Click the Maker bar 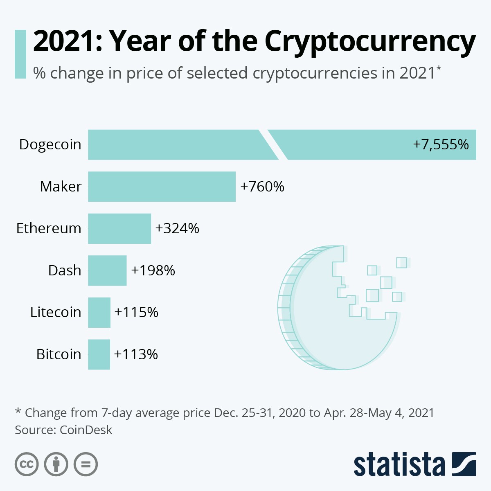point(162,187)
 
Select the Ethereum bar point(119,228)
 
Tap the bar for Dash point(107,270)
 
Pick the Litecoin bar point(99,312)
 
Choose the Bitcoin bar point(99,354)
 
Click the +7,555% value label point(441,144)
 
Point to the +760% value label point(262,187)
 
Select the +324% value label point(177,228)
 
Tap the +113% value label point(136,354)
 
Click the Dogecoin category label point(50,144)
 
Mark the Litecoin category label point(56,312)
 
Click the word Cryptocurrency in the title point(370,42)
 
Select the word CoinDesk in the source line point(86,430)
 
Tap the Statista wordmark point(399,464)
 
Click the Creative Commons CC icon point(27,464)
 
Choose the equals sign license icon point(86,464)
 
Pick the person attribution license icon point(56,464)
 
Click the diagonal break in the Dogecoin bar point(273,144)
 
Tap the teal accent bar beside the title point(20,54)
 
